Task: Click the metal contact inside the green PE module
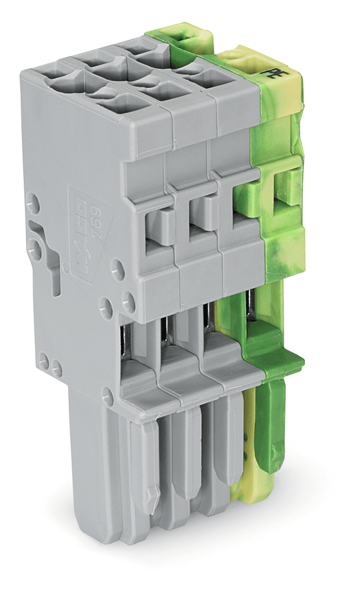click(251, 308)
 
